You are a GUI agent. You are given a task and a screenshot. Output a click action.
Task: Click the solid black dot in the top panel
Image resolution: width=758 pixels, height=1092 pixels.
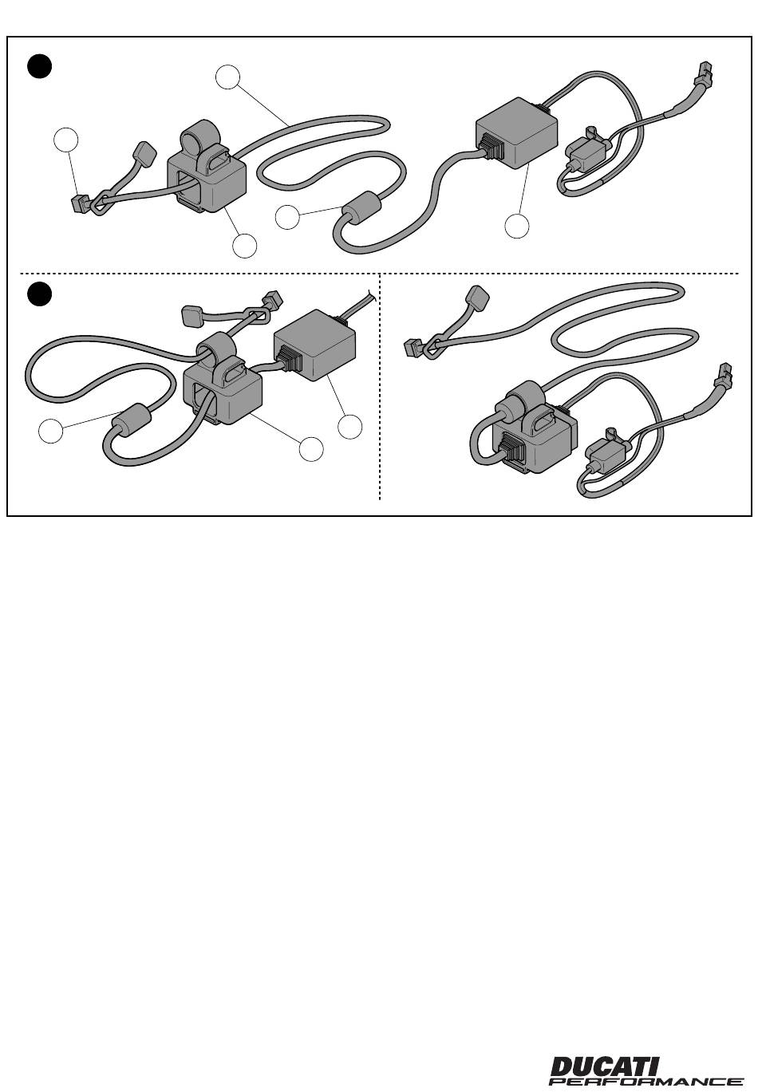coord(39,66)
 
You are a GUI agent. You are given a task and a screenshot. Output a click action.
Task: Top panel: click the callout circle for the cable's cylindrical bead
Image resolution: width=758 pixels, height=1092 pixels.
coord(287,217)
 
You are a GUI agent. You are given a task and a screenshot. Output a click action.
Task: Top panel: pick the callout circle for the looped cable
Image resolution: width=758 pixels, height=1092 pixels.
coord(227,77)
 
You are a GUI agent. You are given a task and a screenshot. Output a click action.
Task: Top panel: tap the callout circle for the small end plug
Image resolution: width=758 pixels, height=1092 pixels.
coord(66,140)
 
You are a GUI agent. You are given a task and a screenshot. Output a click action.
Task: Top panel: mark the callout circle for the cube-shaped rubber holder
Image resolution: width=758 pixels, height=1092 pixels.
coord(245,246)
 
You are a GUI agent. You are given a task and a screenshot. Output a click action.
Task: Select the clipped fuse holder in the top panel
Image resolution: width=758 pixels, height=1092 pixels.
coord(587,149)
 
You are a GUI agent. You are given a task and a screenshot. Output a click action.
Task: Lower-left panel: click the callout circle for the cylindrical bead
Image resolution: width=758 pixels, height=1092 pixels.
coord(51,431)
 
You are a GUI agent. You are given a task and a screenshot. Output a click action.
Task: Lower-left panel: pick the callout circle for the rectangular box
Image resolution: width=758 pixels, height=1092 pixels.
coord(349,426)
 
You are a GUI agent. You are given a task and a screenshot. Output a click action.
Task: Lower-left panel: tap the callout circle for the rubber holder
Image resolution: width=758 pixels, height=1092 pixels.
coord(311,448)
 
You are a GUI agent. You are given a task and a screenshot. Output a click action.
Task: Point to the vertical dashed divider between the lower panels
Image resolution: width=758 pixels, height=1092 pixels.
coord(380,387)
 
